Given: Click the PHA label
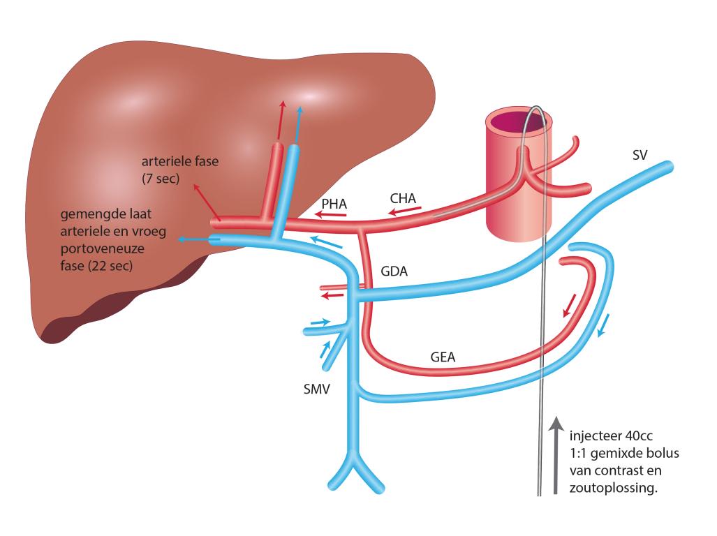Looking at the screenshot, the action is coord(334,204).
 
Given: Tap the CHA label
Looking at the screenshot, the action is coord(403,198).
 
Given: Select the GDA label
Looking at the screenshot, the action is coord(394,271).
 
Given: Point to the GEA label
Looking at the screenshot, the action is coord(443,357).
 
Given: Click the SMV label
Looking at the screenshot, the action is coord(316,389).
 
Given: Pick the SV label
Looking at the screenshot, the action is coord(640,156).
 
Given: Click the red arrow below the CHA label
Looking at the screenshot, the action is coord(405,211).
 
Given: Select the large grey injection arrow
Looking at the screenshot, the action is coord(556,455).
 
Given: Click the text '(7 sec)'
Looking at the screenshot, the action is coord(161,178).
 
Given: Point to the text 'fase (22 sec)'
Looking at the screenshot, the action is coord(96,265).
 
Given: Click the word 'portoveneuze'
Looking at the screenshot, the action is coord(102,248).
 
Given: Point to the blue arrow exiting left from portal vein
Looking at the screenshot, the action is coord(195,239).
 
